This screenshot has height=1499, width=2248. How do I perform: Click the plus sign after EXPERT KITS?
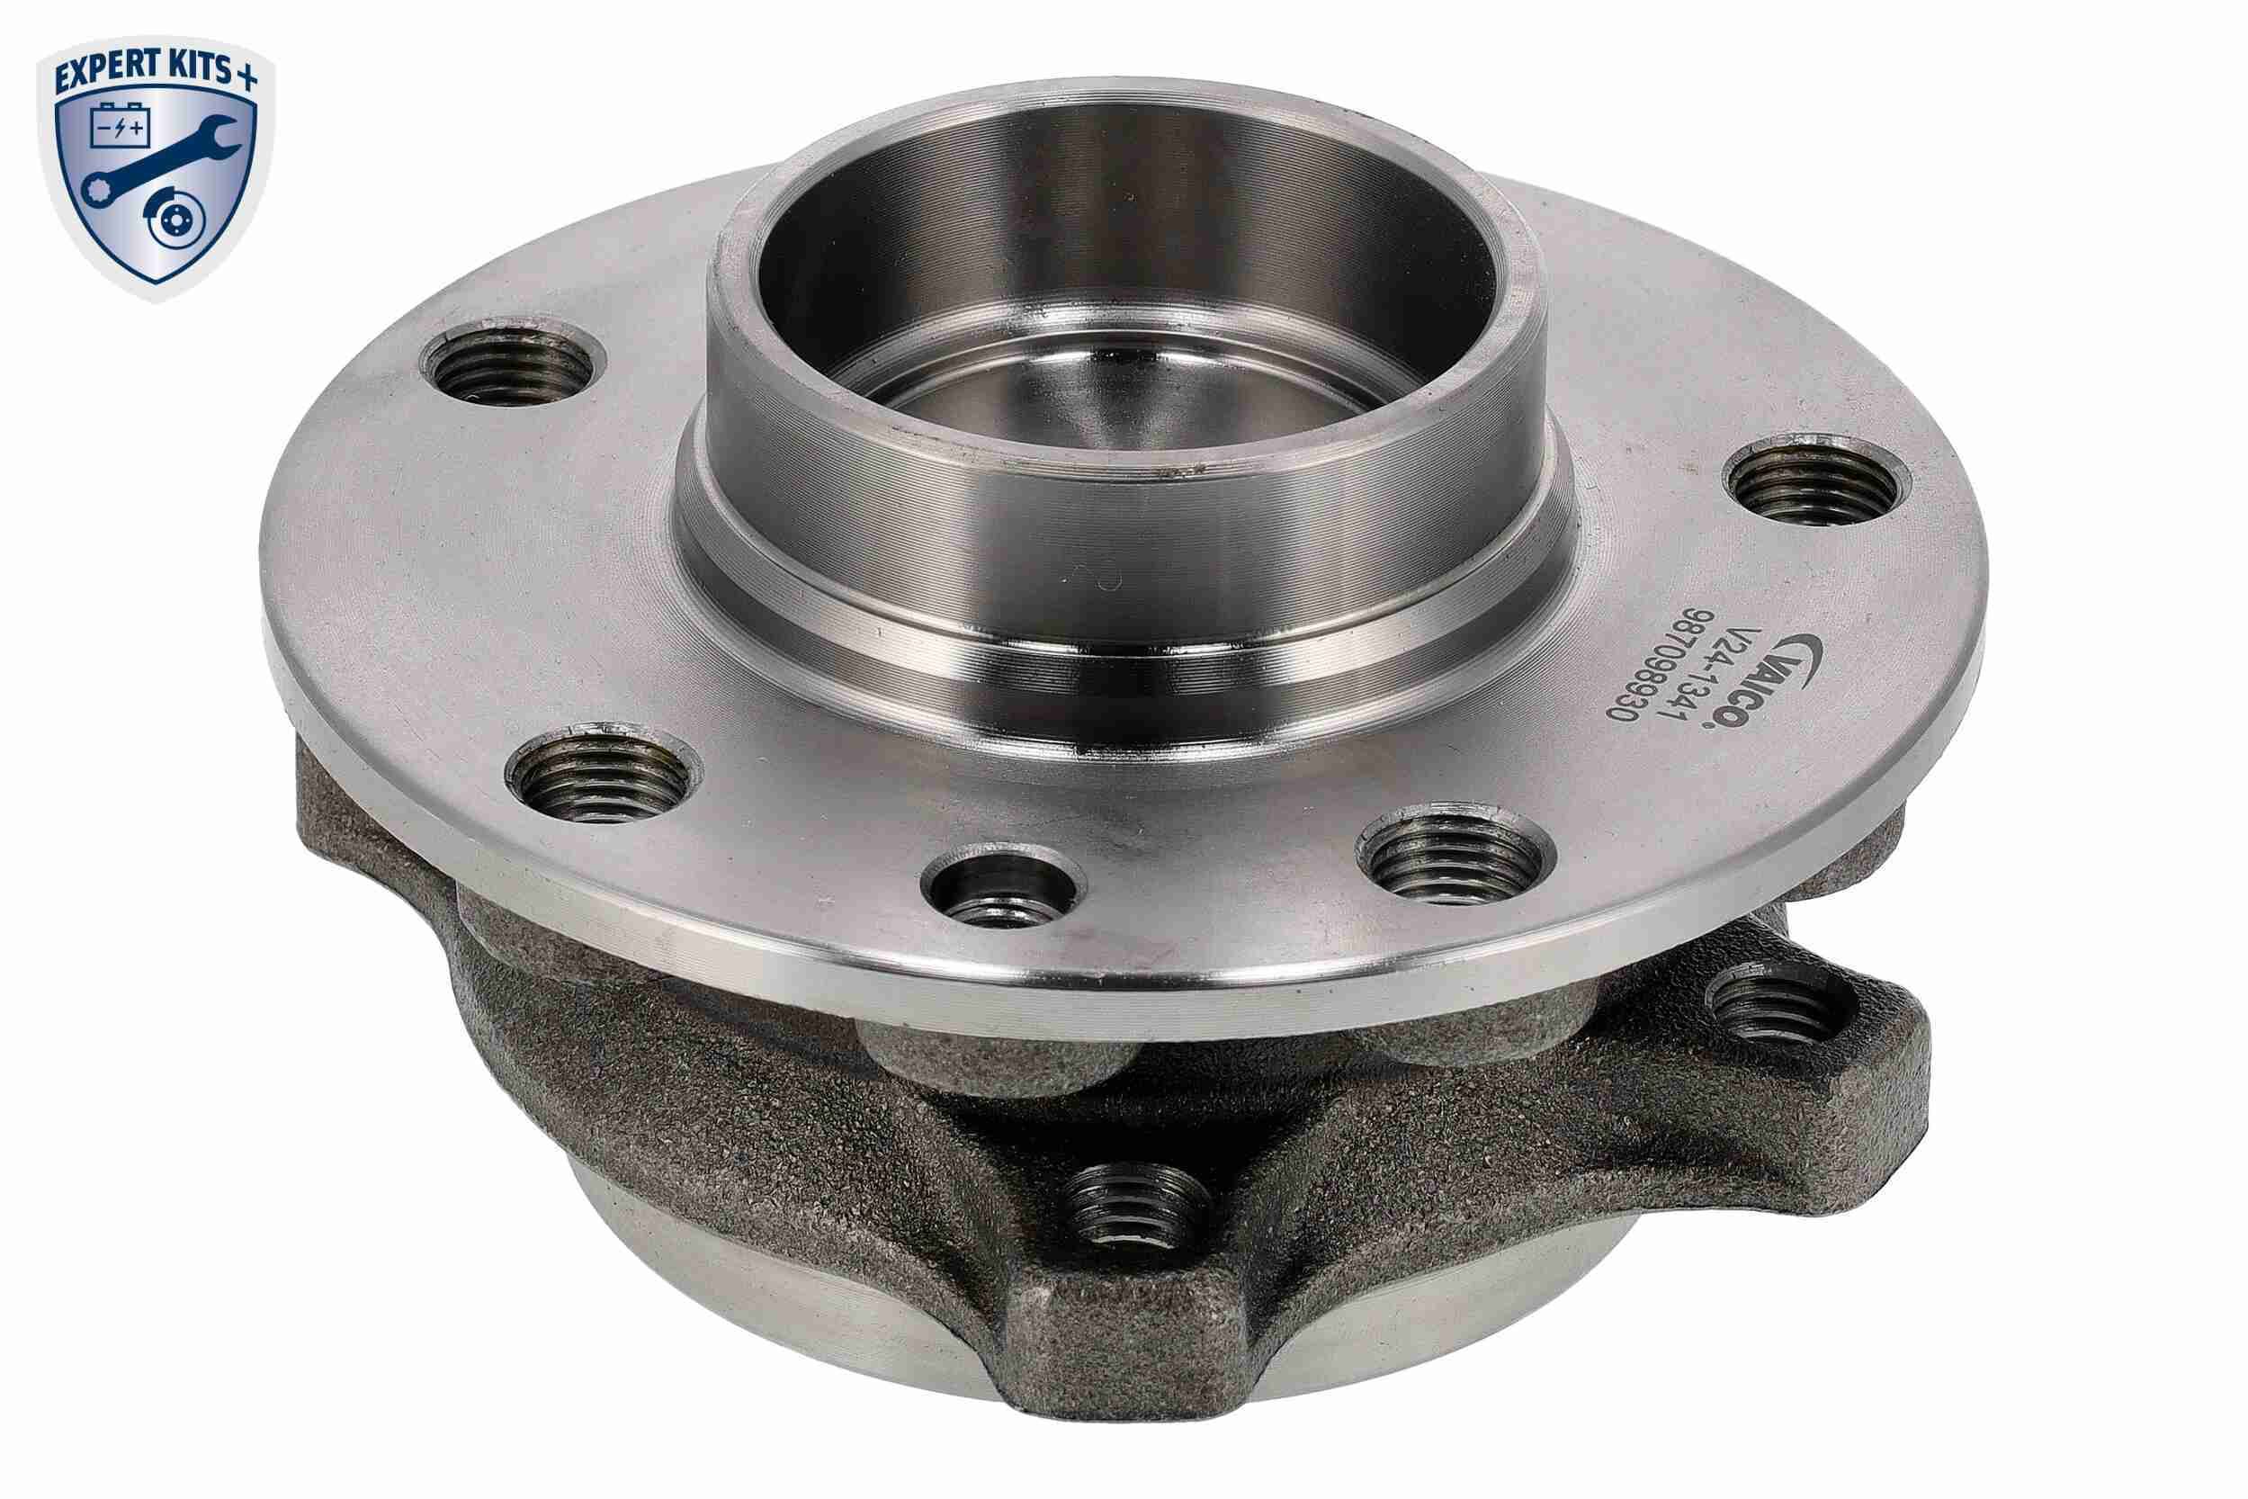(x=246, y=77)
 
